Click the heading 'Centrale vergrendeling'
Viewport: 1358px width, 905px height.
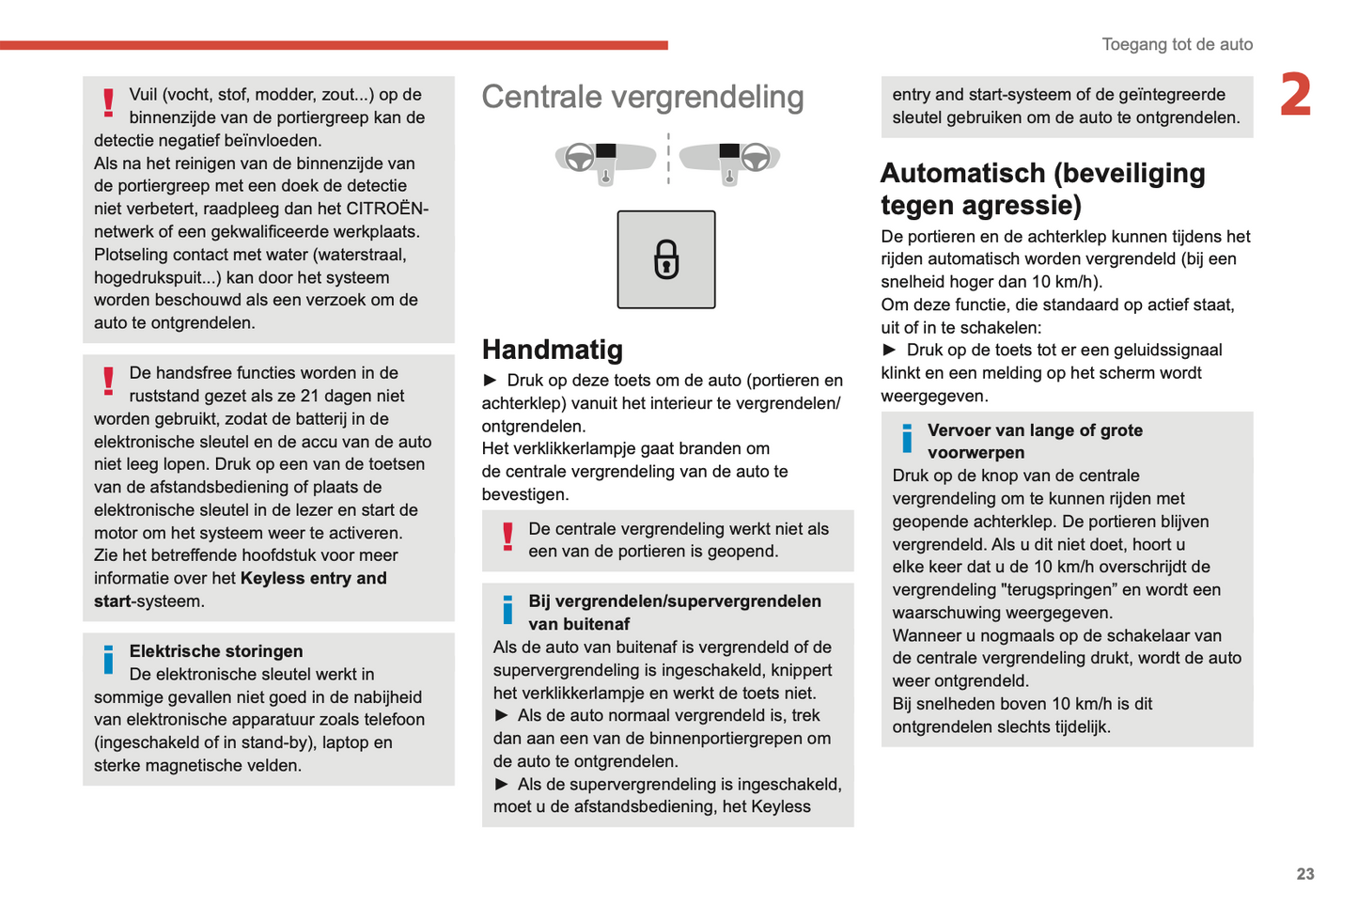(x=643, y=97)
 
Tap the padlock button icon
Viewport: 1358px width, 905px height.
(x=666, y=260)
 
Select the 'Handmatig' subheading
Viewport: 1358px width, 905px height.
(x=553, y=350)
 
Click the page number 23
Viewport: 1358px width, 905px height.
(x=1305, y=874)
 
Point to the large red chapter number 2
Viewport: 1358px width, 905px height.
(x=1296, y=95)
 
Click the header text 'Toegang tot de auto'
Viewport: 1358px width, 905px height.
(x=1177, y=44)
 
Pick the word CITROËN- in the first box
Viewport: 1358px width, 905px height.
(x=387, y=209)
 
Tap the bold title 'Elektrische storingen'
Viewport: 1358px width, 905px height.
(x=216, y=651)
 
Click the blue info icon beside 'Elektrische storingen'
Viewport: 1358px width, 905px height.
(x=108, y=660)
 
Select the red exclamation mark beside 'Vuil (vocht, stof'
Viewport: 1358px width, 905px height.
(x=109, y=102)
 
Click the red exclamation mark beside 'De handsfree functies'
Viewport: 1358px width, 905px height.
(x=109, y=381)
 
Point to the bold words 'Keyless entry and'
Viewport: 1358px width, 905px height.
(x=314, y=578)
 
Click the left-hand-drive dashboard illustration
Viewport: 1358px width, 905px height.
(x=606, y=160)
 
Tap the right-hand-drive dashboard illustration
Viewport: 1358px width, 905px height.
(x=729, y=160)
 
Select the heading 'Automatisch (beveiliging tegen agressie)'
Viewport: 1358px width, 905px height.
(x=1042, y=189)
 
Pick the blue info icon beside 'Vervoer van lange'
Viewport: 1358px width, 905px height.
(x=907, y=438)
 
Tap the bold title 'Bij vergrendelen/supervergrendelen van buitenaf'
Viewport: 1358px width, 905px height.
(x=674, y=612)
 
